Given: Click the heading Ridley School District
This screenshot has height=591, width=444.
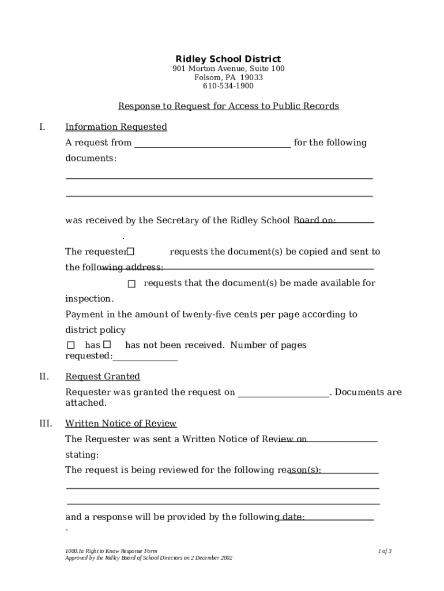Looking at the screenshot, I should click(x=228, y=59).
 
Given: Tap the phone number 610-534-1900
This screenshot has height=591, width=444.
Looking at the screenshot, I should click(x=228, y=86).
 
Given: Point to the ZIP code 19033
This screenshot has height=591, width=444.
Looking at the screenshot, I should click(x=251, y=77).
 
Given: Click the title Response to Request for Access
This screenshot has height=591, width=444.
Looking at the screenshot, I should click(x=228, y=106).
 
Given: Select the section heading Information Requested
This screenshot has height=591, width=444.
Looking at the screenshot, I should click(x=116, y=127).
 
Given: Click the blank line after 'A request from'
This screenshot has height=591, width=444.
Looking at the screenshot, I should click(x=212, y=144).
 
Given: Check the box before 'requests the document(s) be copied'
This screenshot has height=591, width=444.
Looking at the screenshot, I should click(x=130, y=252).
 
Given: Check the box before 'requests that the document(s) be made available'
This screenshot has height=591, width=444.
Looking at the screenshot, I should click(x=131, y=284).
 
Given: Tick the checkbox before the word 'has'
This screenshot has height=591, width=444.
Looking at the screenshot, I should click(x=71, y=345).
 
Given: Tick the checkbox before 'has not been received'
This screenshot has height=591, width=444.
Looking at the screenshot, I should click(x=107, y=345).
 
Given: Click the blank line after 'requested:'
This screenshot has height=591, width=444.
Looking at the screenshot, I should click(x=145, y=358).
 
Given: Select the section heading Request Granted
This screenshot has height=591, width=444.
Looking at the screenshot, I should click(x=103, y=377).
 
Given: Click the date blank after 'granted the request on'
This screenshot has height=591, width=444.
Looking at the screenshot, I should click(x=283, y=394).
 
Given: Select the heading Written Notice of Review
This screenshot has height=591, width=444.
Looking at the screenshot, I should click(x=121, y=424).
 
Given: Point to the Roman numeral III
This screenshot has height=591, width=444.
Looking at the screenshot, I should click(x=46, y=424).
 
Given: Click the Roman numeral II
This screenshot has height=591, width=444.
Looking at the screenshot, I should click(x=44, y=377).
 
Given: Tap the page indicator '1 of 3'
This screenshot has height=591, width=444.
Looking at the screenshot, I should click(x=385, y=551).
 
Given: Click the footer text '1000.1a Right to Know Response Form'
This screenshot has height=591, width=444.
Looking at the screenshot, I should click(x=111, y=551).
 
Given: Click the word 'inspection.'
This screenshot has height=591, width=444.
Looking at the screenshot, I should click(x=89, y=299).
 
